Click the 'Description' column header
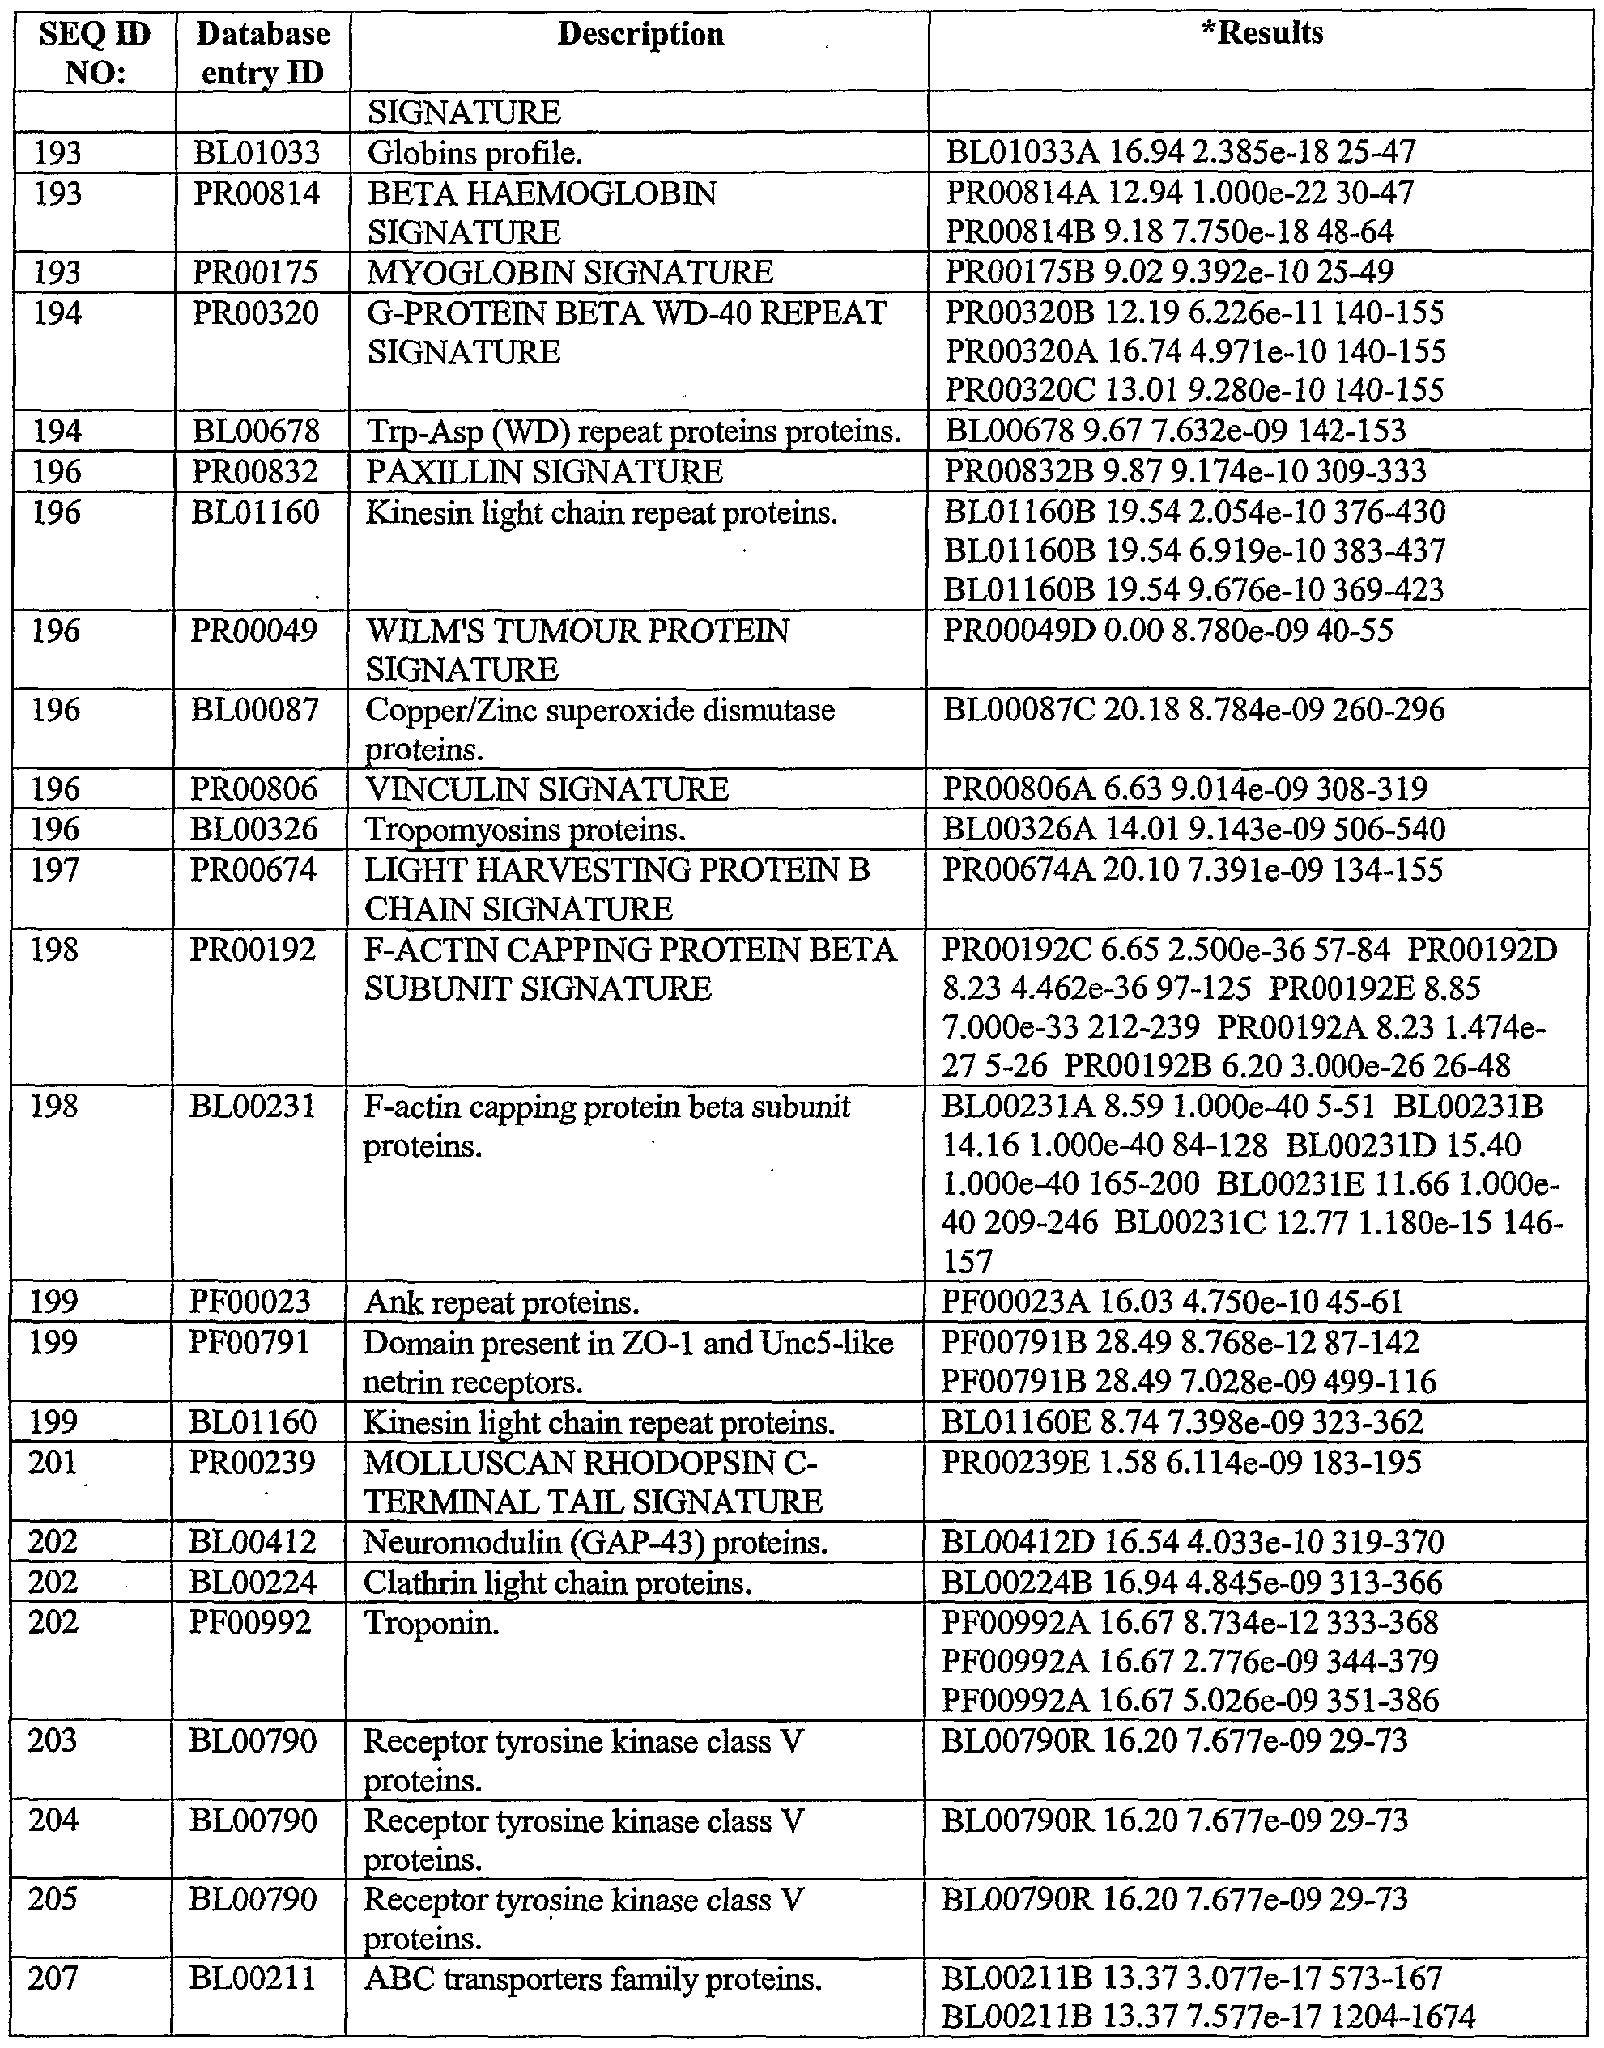(640, 35)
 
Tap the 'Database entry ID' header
(262, 53)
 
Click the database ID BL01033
(257, 152)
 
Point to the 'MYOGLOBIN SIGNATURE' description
(570, 272)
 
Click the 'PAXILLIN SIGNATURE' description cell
(545, 471)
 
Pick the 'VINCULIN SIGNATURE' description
(547, 788)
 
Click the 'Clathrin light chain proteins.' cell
(558, 1583)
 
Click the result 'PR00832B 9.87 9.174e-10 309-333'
(1185, 471)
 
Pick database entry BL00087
(254, 710)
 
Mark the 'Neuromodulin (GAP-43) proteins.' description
(595, 1543)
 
